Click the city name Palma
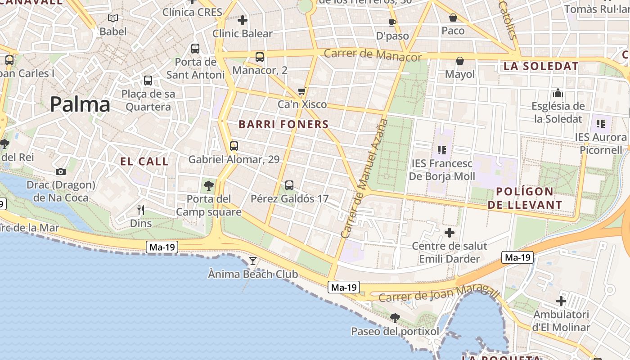click(80, 104)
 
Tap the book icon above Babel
click(113, 18)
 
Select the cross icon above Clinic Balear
click(243, 20)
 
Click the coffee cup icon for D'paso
click(392, 22)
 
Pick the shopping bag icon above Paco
click(453, 18)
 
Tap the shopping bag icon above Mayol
click(460, 61)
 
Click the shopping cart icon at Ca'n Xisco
click(302, 91)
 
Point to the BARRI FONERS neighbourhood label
click(283, 125)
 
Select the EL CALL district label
click(144, 162)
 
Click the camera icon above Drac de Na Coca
click(61, 171)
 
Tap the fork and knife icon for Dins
click(141, 210)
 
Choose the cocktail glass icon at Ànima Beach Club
click(253, 261)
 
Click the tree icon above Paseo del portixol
click(395, 318)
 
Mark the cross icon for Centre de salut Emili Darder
click(449, 233)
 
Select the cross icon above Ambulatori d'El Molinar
click(561, 301)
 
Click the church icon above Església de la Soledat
click(558, 93)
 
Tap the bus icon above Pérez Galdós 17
click(289, 185)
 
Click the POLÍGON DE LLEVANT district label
click(525, 198)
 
